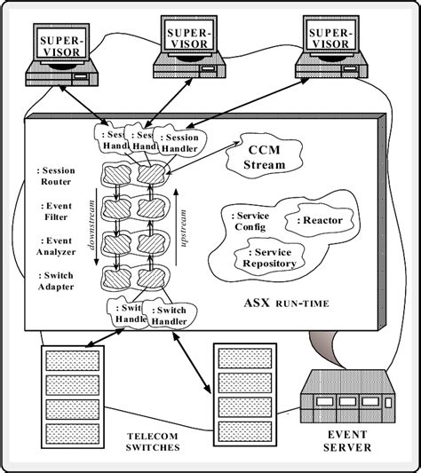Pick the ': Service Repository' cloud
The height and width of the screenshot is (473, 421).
pos(266,256)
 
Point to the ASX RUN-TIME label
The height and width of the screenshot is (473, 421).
pos(286,304)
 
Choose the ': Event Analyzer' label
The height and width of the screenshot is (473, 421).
pos(55,246)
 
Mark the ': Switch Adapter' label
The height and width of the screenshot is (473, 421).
pos(55,280)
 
